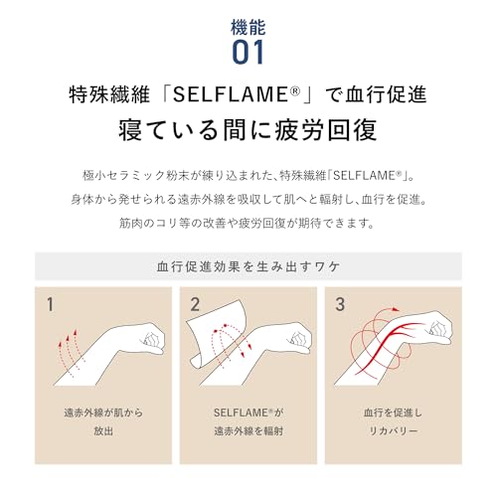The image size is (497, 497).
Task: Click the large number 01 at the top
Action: (248, 50)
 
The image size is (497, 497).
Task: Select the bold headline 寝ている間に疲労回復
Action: (248, 132)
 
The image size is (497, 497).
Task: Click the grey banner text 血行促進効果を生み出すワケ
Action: (248, 266)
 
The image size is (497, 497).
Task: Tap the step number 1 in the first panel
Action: (50, 303)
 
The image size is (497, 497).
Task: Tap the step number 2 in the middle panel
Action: (195, 303)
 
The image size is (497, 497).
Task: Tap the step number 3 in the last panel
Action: (340, 303)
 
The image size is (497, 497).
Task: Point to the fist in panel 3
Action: (439, 328)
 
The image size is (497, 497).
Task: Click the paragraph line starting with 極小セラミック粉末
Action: (248, 176)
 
